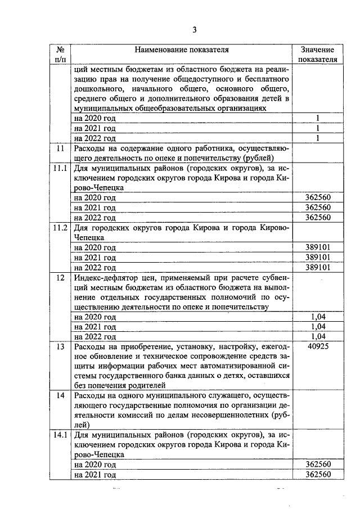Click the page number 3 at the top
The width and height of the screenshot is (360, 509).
coord(194,30)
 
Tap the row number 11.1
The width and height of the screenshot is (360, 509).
coord(60,168)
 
